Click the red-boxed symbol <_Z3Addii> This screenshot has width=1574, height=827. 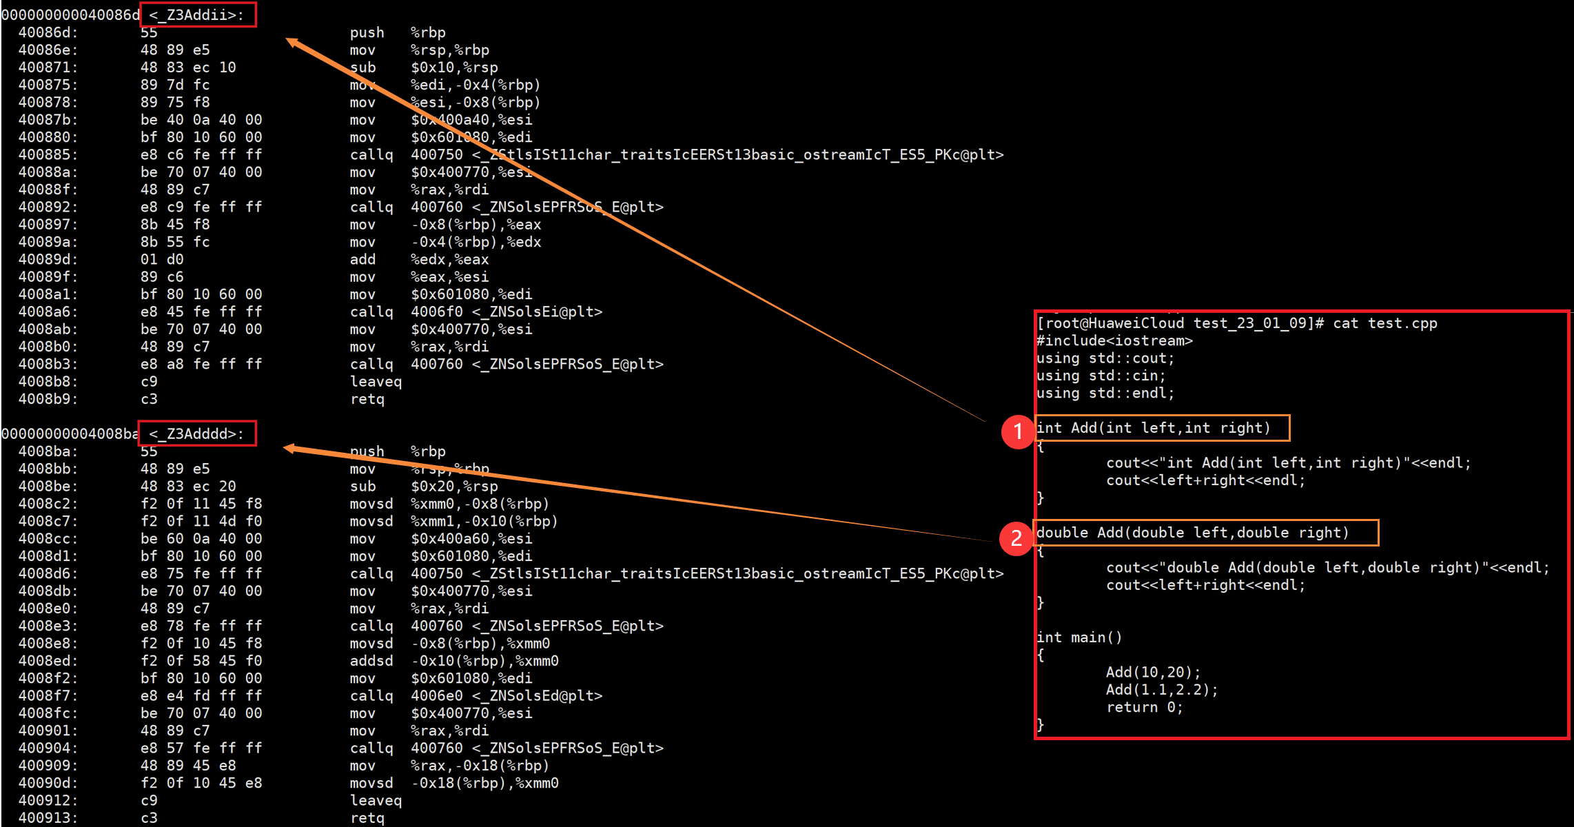tap(197, 15)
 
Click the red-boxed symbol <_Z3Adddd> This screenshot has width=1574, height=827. tap(197, 433)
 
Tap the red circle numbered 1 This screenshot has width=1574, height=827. tap(1017, 431)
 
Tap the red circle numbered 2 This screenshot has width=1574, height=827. tap(1016, 538)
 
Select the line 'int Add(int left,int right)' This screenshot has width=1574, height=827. tap(1153, 428)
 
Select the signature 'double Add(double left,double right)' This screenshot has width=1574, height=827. tap(1192, 533)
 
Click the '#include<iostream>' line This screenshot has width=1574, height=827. tap(1114, 340)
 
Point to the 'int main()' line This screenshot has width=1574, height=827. tap(1079, 637)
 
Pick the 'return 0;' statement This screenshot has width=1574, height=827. tap(1144, 707)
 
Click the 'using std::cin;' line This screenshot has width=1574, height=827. tap(1101, 376)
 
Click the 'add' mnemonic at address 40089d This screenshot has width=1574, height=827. tap(362, 260)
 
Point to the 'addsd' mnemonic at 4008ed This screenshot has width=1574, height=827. tap(371, 661)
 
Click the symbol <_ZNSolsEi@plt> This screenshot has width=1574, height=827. tap(537, 312)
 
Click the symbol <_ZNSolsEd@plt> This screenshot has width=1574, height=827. tap(537, 696)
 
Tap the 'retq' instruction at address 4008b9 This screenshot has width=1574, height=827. tap(367, 399)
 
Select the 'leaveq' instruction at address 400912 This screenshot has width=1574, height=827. tap(376, 800)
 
